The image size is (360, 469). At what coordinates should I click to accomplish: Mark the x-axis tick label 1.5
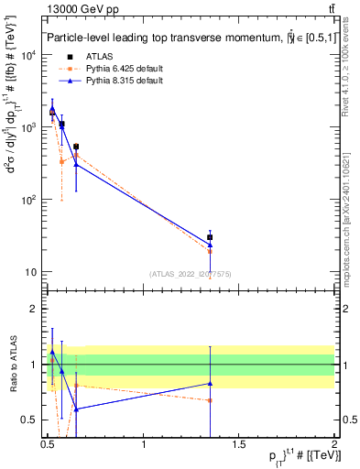[x=239, y=444]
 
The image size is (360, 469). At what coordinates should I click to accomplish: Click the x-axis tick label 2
[x=334, y=444]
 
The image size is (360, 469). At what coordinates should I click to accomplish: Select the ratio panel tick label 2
[x=37, y=309]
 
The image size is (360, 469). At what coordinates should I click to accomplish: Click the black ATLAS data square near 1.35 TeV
[x=211, y=237]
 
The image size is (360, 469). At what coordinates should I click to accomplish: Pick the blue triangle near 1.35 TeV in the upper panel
[x=211, y=245]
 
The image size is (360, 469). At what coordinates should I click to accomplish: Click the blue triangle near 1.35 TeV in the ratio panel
[x=211, y=384]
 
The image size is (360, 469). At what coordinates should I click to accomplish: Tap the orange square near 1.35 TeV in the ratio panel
[x=211, y=400]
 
